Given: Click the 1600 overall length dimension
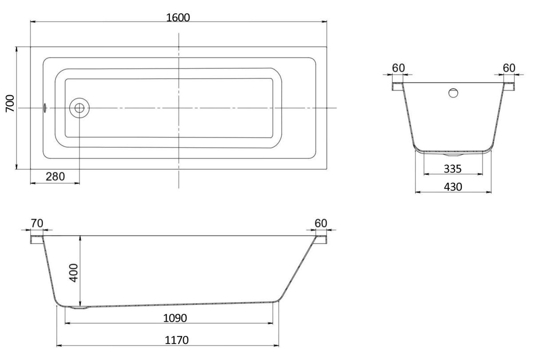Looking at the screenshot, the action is [178, 18].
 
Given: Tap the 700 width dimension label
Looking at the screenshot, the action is [10, 103].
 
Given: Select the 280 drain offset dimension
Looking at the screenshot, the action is [55, 177].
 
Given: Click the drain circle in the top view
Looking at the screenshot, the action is [79, 108].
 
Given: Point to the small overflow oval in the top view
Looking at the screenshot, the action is [45, 108].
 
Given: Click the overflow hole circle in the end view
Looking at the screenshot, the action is [453, 93].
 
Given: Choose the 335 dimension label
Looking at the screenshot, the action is [453, 169].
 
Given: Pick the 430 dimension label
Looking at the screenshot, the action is [453, 187].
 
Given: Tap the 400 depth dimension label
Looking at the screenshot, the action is [74, 273].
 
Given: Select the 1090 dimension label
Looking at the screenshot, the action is [175, 318].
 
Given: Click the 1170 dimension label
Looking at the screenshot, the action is [177, 340].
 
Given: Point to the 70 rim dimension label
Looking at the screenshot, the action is [37, 223].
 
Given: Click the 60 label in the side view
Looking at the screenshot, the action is [321, 223].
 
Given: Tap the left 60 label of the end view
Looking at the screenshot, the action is [398, 68].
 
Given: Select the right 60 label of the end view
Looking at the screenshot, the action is [509, 68].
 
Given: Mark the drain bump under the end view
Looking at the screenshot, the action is [453, 154].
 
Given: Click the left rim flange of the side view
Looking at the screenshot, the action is [37, 240].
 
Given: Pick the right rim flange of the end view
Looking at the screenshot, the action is [509, 86].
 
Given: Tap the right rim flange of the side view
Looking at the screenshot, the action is [321, 240].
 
